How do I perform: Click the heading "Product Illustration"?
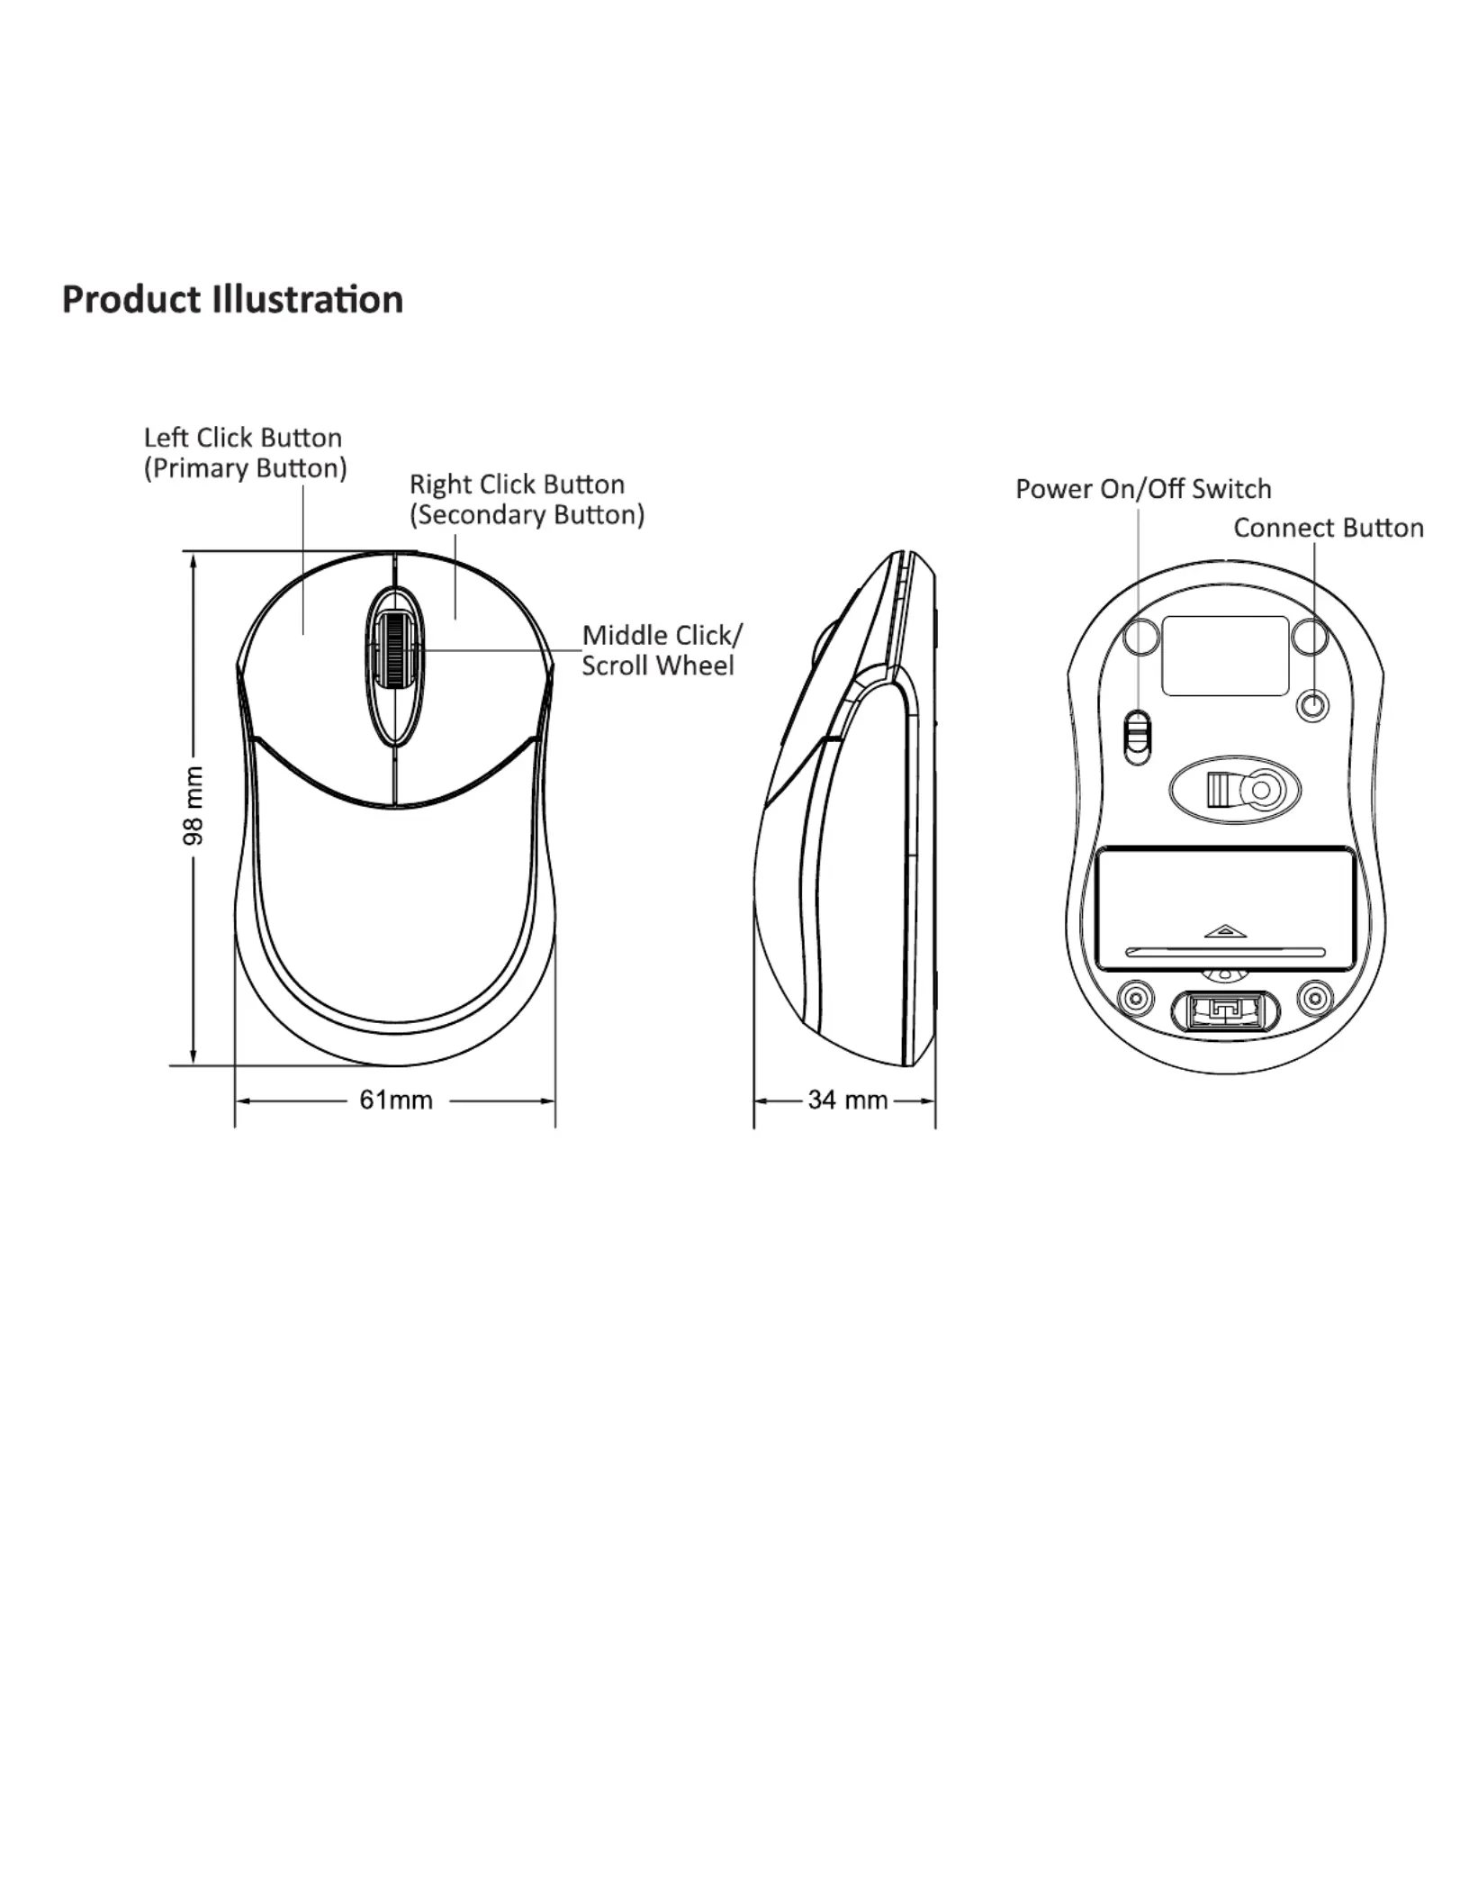[232, 300]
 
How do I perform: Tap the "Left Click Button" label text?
[243, 438]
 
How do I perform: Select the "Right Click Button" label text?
[517, 485]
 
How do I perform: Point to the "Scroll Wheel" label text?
[658, 666]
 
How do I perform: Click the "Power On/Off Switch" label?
[1143, 489]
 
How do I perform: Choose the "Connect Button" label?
[1329, 528]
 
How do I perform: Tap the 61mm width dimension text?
[396, 1100]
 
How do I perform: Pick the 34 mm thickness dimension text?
[847, 1100]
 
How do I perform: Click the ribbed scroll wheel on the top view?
[394, 651]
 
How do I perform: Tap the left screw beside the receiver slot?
[1134, 998]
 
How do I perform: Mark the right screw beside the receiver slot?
[1315, 998]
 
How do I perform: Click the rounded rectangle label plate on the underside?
[1225, 656]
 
